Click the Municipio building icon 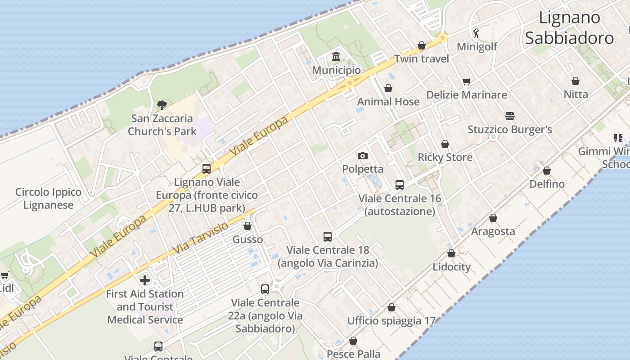click(336, 57)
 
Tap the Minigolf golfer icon click(476, 33)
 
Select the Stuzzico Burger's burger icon click(509, 116)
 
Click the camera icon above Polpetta click(362, 156)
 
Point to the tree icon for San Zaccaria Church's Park click(162, 105)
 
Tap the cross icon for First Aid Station click(144, 280)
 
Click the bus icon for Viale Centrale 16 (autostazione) click(399, 184)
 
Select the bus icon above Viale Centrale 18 click(328, 236)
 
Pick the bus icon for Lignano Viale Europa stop click(207, 169)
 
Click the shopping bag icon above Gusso click(247, 226)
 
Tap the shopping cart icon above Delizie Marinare click(466, 81)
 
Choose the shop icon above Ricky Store click(445, 144)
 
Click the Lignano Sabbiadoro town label click(569, 27)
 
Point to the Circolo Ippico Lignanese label click(48, 198)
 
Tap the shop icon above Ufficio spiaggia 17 click(391, 307)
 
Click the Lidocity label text click(451, 267)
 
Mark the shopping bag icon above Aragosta click(493, 218)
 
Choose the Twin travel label click(422, 59)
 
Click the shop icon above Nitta click(575, 81)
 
